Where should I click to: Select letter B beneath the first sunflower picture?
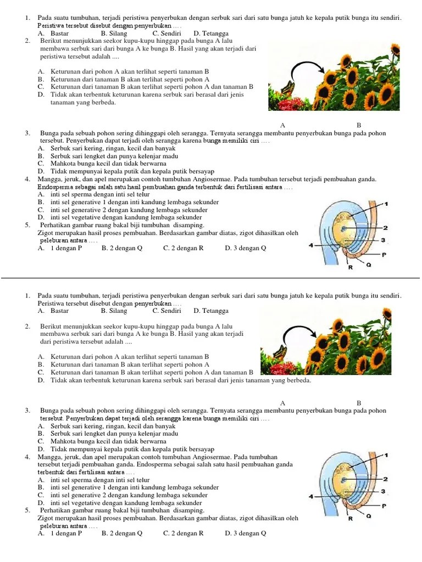point(359,126)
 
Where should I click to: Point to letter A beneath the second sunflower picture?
point(282,402)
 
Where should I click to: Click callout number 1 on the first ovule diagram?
point(386,204)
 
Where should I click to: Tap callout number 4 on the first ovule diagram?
point(311,245)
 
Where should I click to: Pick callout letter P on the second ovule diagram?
point(384,505)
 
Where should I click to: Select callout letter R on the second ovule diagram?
point(349,518)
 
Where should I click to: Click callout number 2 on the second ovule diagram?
point(386,479)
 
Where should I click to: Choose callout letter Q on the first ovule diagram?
point(369,265)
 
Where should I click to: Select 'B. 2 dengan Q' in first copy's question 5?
point(121,248)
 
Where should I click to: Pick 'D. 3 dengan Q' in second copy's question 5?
point(246,533)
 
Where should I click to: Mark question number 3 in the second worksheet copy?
point(27,411)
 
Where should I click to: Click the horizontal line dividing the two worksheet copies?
point(211,278)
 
